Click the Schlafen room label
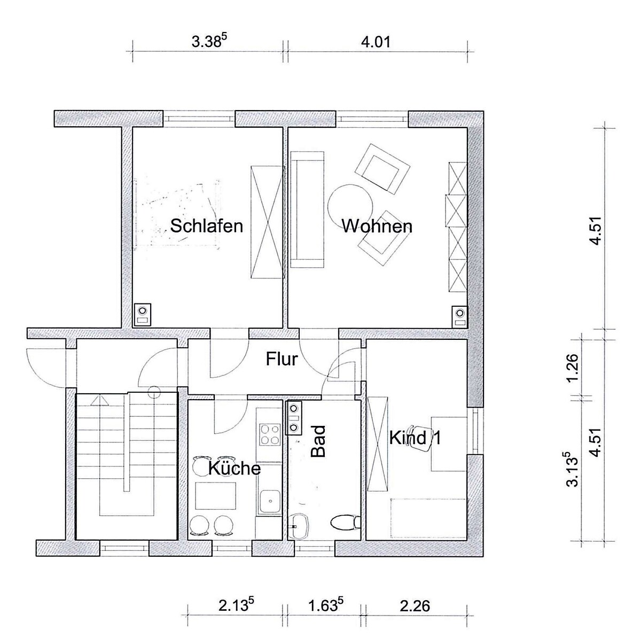207,227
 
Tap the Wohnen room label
377,227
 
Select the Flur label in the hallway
282,360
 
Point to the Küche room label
234,468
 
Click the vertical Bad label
318,441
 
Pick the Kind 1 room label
415,438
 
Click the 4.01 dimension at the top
376,42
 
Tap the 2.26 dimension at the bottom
415,606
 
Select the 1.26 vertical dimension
574,368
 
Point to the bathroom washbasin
299,526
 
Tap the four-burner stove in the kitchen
269,434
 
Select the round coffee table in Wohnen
350,206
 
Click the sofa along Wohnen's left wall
307,209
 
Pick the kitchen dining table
216,495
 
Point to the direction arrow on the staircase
100,400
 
